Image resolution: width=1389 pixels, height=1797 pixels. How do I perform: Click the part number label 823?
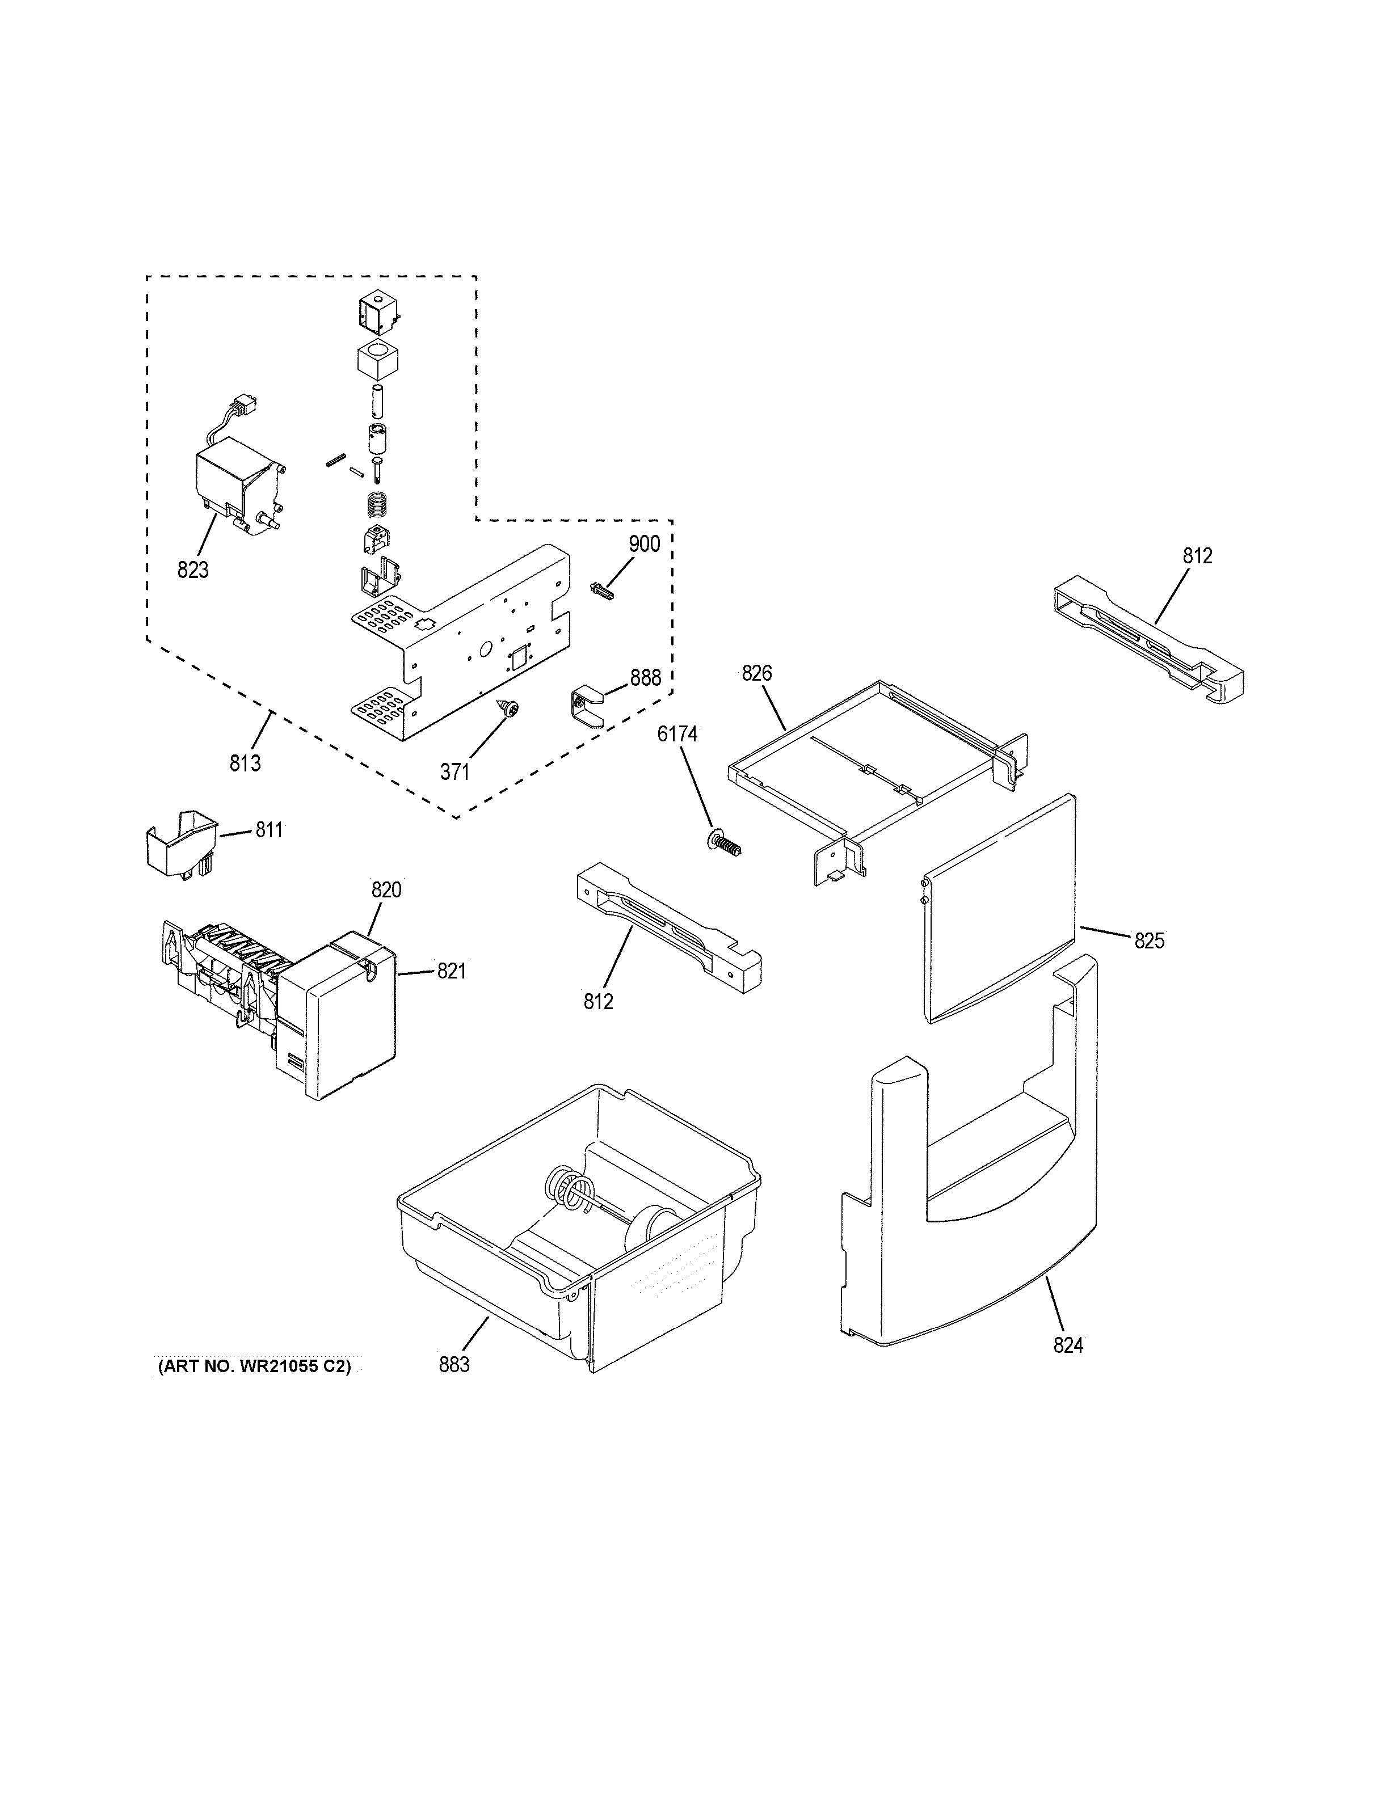pos(192,570)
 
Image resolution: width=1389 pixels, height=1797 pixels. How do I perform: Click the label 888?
pos(645,677)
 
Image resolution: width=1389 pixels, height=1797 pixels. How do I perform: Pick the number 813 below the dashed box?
pos(245,763)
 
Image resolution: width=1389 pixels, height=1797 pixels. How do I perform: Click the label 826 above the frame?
pos(756,673)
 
